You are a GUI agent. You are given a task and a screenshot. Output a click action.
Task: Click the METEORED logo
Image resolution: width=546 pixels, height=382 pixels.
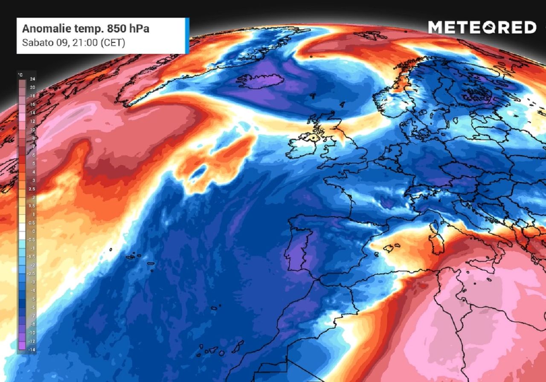pyautogui.click(x=482, y=28)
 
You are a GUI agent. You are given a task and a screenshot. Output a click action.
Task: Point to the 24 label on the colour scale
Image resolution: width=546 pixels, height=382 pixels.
pyautogui.click(x=32, y=79)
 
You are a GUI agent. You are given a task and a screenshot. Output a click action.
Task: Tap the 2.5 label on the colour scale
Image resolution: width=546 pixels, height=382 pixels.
pyautogui.click(x=32, y=189)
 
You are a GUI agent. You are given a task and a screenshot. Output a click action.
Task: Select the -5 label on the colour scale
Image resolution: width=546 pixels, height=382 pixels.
pyautogui.click(x=32, y=299)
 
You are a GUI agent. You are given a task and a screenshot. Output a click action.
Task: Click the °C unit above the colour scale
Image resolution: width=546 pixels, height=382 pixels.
pyautogui.click(x=20, y=75)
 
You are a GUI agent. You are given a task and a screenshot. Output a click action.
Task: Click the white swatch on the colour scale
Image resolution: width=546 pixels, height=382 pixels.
pyautogui.click(x=21, y=231)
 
